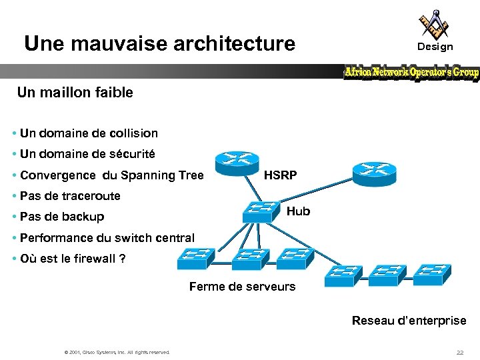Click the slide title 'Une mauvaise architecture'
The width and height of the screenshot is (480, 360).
159,44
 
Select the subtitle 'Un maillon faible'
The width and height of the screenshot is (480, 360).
75,93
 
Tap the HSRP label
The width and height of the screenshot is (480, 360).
281,176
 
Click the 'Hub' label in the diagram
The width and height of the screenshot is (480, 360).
298,211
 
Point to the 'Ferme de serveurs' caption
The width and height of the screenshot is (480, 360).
242,287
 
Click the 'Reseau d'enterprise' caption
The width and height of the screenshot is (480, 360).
409,321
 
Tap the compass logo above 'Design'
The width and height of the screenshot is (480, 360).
434,25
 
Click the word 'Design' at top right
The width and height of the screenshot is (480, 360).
435,47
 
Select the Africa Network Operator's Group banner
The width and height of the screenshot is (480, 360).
411,72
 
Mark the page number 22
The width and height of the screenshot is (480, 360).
459,352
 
